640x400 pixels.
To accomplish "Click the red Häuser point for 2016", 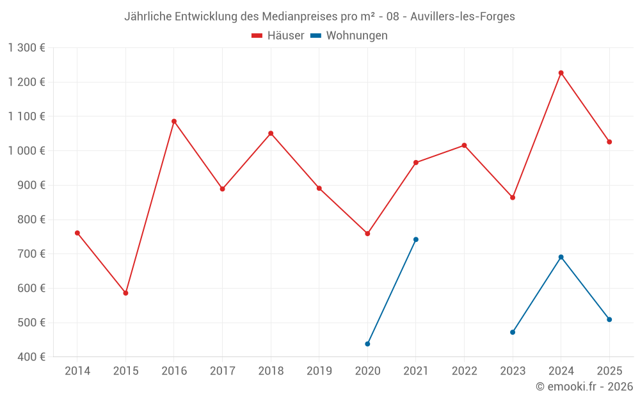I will (x=174, y=121).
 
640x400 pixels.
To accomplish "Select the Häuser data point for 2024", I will (x=561, y=73).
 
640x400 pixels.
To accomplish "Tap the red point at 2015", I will (x=126, y=293).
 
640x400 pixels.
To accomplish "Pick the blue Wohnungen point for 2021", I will (x=416, y=239).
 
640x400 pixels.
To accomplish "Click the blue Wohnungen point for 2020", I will (x=367, y=344).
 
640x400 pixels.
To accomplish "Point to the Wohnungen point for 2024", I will (x=561, y=257).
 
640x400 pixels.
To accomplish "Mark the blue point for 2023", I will (x=513, y=332).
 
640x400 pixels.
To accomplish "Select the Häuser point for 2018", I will (x=271, y=133).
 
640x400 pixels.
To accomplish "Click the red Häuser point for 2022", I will (x=465, y=145).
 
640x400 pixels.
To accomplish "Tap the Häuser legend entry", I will (x=278, y=36).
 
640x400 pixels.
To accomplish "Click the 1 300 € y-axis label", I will (x=26, y=48).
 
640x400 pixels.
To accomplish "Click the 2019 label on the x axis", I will (x=319, y=371).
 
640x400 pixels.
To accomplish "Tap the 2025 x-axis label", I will (x=609, y=371).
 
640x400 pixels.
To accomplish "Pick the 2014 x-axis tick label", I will (x=77, y=371).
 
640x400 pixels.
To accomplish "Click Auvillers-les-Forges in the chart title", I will (x=466, y=17).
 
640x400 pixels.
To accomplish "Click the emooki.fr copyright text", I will (x=584, y=387).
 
